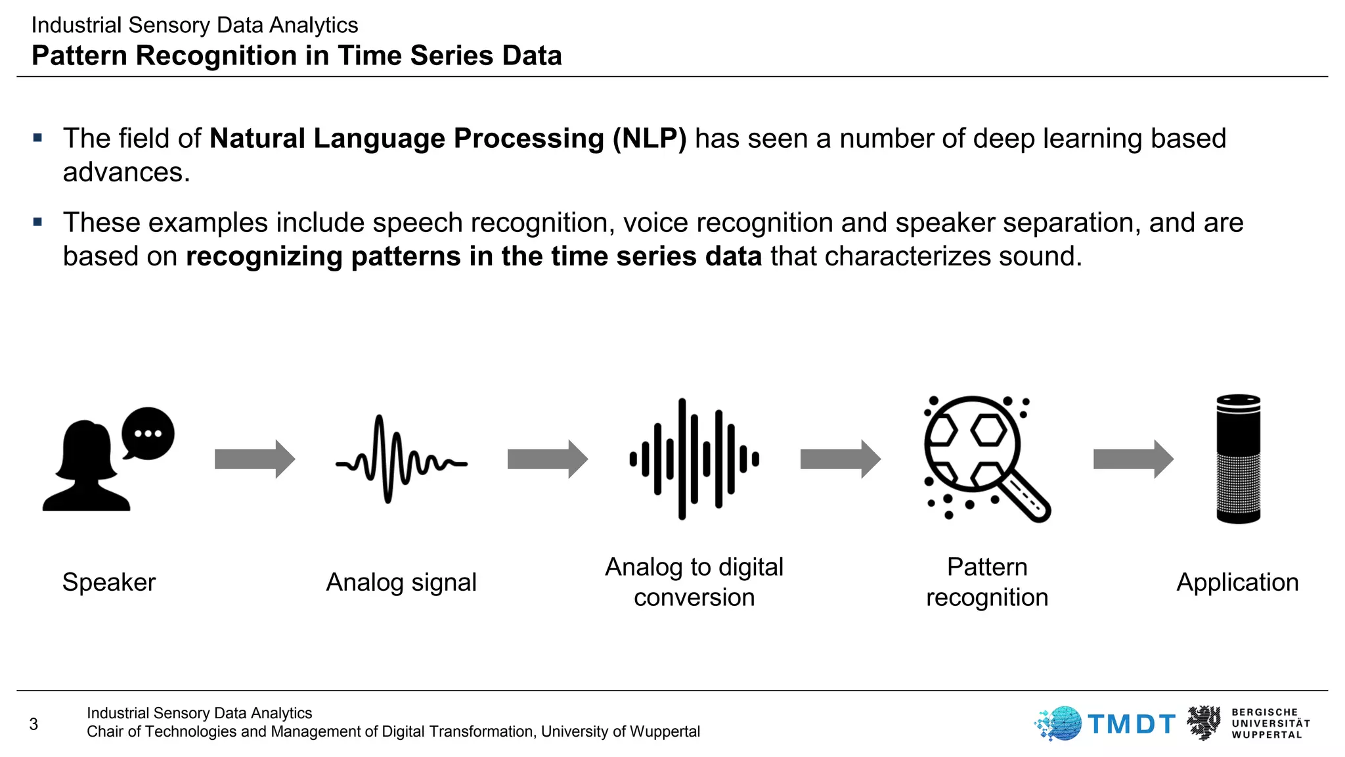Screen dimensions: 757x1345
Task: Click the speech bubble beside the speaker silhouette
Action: [148, 434]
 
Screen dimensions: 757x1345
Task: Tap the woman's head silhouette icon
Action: [86, 467]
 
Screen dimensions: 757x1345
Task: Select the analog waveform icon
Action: [401, 459]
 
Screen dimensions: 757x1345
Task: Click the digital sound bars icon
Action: [694, 459]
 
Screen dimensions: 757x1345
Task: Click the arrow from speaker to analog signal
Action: [255, 459]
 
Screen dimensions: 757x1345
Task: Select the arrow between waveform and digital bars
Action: [548, 459]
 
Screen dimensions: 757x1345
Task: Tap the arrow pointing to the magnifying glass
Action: [841, 459]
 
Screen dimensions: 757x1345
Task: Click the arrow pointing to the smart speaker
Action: [1134, 459]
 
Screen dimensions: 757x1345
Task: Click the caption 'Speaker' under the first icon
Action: [109, 582]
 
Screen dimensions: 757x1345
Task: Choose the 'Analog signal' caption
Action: [401, 582]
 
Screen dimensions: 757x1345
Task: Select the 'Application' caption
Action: [1237, 582]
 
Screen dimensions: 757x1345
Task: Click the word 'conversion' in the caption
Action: [694, 597]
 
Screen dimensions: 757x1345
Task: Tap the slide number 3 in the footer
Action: [33, 724]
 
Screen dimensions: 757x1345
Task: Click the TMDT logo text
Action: [1131, 724]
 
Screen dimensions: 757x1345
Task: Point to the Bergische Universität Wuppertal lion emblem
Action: [1203, 723]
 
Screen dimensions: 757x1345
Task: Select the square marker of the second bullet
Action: [37, 222]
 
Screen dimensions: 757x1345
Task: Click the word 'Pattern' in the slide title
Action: [79, 56]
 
